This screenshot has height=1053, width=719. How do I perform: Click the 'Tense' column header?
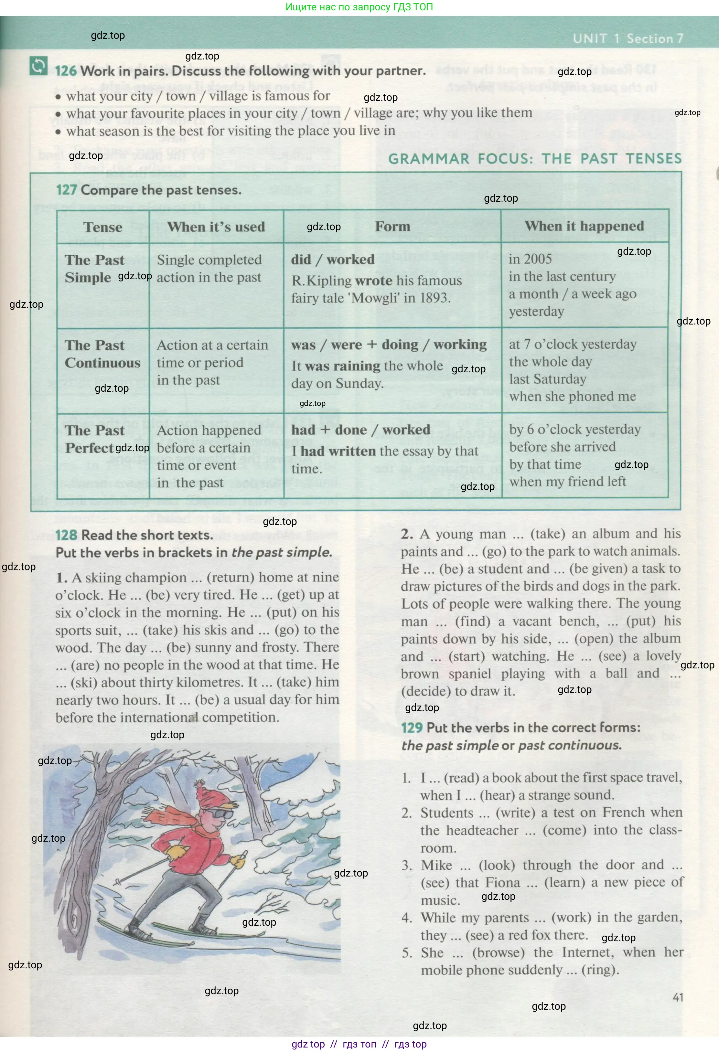tap(103, 227)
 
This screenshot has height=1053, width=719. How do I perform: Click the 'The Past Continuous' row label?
tap(102, 354)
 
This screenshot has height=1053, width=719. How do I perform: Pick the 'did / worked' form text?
tap(333, 260)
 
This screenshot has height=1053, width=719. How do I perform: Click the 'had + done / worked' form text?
tap(360, 430)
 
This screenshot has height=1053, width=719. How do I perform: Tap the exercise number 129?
tap(412, 728)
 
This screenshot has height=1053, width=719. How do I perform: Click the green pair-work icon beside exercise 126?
tap(38, 66)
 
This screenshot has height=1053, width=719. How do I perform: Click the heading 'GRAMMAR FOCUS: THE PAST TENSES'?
tap(535, 159)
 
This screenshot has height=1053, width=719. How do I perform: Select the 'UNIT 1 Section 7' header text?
tap(628, 38)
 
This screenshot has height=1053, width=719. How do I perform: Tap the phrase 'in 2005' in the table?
tap(530, 259)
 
